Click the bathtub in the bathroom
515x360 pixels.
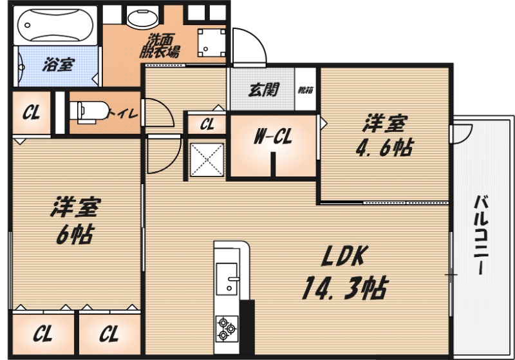[x=55, y=26]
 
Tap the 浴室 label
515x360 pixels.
[x=58, y=64]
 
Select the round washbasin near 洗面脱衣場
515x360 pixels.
[x=141, y=17]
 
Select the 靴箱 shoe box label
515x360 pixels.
[x=306, y=90]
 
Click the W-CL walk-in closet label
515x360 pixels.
[x=273, y=136]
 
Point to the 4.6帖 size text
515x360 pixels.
[x=384, y=148]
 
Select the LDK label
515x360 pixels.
[x=343, y=257]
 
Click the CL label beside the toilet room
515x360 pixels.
[x=31, y=113]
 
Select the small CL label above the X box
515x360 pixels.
[x=207, y=124]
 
